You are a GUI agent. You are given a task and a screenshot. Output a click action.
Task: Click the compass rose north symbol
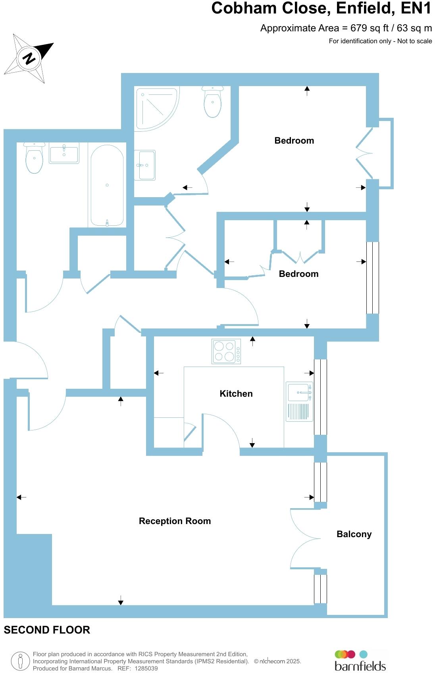29,58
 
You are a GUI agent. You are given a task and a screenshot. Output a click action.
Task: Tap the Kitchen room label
236,394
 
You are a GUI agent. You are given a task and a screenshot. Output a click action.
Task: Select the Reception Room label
175,521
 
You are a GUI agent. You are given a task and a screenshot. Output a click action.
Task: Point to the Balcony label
354,534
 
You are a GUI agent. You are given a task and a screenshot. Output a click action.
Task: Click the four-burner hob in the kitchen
226,351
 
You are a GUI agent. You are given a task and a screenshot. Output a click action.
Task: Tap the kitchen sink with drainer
299,401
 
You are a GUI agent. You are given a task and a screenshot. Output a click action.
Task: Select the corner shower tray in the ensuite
156,109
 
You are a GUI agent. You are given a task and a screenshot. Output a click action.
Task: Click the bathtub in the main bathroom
107,185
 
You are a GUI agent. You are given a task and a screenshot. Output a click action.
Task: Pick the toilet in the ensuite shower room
213,102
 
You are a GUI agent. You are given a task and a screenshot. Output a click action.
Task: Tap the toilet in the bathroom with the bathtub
34,158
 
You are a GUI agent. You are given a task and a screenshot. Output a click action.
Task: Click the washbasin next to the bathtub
64,153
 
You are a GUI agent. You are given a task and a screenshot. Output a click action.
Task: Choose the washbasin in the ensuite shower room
145,165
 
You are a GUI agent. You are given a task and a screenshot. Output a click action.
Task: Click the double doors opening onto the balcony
305,539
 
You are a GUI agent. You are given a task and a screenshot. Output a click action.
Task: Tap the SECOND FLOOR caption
47,630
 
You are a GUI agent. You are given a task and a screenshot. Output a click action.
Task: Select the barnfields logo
360,661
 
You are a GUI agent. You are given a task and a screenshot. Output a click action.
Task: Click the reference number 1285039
146,668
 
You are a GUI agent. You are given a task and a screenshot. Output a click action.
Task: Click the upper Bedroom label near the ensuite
294,140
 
